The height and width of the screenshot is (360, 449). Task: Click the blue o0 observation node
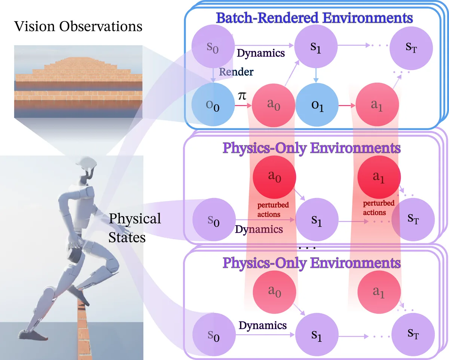213,104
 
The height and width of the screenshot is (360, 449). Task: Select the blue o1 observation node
317,105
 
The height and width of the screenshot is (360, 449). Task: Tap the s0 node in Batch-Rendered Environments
213,46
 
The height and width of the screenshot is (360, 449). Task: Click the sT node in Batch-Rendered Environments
411,48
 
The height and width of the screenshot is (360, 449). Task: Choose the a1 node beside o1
377,104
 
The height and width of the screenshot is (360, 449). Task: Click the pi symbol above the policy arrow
242,96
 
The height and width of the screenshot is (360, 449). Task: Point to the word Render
236,72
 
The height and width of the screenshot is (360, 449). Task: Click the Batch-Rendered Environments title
314,18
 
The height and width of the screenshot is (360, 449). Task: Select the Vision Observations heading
78,27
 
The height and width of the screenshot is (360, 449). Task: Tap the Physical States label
135,228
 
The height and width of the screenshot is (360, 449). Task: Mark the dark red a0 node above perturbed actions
274,177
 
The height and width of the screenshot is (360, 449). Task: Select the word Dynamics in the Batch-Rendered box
261,53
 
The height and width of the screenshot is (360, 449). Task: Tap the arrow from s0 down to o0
213,75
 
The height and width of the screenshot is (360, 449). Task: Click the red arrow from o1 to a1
347,105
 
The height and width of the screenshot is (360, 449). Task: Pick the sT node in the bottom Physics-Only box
413,334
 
